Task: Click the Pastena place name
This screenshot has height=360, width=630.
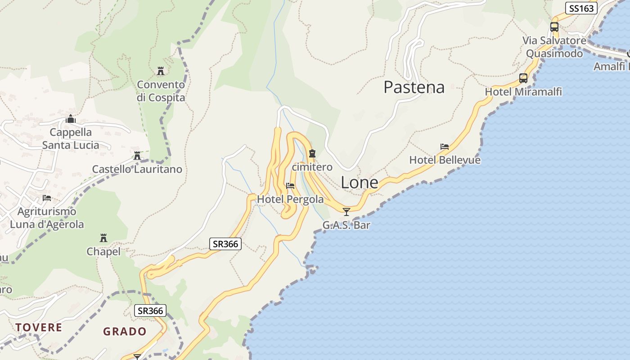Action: click(414, 87)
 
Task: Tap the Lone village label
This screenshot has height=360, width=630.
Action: click(359, 182)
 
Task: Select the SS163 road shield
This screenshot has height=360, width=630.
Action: click(581, 8)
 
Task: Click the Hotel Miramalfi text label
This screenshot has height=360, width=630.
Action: click(523, 92)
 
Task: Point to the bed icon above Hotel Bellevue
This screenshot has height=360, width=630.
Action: click(445, 147)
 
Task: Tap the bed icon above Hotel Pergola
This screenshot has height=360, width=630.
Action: click(290, 185)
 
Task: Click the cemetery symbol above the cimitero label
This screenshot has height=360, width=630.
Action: click(312, 154)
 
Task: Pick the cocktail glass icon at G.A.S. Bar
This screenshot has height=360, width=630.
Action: click(346, 211)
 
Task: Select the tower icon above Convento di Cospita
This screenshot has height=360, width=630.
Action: click(161, 71)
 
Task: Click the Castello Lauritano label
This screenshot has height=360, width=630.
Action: click(137, 169)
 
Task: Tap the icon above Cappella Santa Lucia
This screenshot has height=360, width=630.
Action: click(70, 119)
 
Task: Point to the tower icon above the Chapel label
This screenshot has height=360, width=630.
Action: click(103, 238)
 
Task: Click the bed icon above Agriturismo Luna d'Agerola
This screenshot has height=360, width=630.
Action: click(46, 198)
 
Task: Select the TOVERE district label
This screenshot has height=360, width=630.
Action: click(39, 327)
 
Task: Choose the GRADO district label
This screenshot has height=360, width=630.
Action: click(125, 332)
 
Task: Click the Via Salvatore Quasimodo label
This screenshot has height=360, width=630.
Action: click(554, 47)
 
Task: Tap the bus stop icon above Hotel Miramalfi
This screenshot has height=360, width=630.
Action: click(523, 78)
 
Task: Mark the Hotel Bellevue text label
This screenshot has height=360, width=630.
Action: click(445, 160)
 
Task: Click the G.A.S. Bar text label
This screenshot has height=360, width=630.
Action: click(346, 225)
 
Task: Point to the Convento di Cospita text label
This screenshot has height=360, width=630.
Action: click(161, 91)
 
